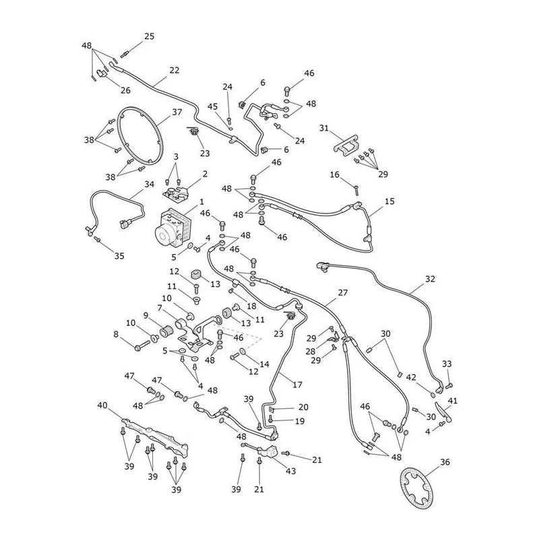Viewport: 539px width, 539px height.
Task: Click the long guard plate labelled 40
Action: point(156,437)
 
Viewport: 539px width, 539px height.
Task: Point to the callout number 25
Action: point(149,36)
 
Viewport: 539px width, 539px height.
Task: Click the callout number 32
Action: point(430,279)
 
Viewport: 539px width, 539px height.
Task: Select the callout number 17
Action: point(297,385)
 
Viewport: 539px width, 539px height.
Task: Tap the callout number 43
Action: point(291,470)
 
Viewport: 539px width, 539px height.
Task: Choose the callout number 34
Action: point(149,184)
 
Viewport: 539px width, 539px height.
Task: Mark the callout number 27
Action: point(343,292)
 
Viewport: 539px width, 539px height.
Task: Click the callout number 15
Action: point(389,201)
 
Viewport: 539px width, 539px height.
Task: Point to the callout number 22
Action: point(175,70)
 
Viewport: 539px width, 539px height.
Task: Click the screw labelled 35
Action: point(97,239)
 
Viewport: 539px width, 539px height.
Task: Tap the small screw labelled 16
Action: point(356,189)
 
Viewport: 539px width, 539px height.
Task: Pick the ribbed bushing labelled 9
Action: point(166,332)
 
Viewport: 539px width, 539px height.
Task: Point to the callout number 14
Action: point(264,364)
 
